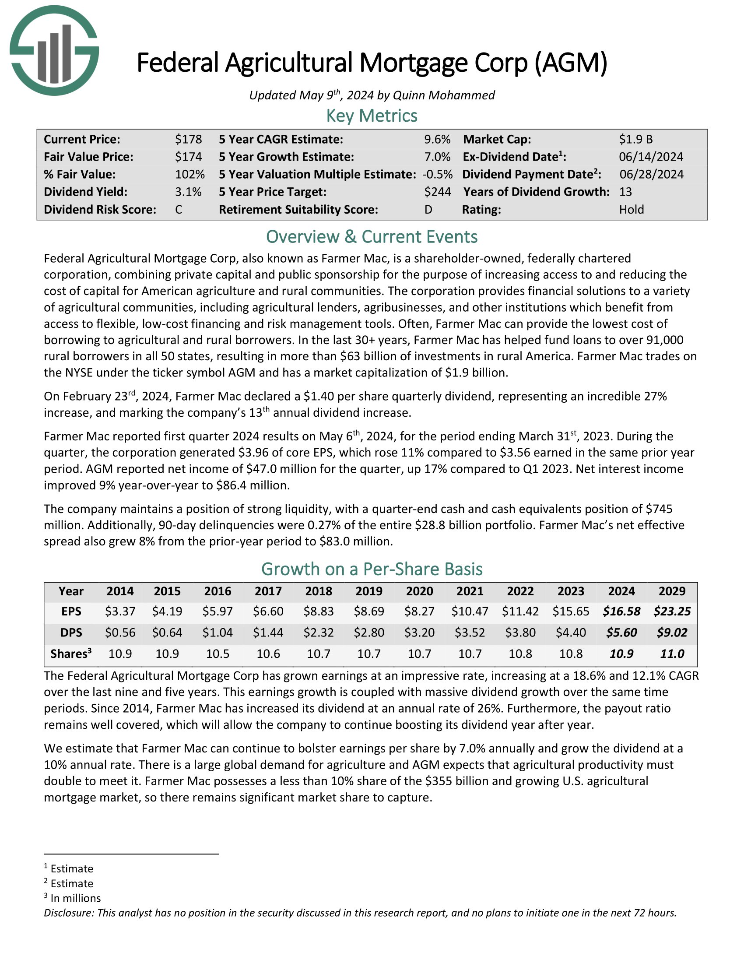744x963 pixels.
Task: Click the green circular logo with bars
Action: click(54, 51)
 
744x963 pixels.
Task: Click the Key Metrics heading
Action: click(372, 116)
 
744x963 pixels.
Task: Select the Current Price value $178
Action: click(188, 139)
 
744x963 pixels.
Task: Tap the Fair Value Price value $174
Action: click(188, 157)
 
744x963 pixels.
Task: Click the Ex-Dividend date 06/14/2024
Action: click(651, 157)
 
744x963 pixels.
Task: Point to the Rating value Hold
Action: click(631, 209)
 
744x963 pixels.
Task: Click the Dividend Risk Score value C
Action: click(179, 209)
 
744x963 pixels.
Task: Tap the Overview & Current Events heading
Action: click(372, 237)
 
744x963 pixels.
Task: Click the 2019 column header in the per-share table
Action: click(369, 591)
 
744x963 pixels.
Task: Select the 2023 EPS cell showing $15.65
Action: click(571, 612)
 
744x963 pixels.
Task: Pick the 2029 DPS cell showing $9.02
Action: click(672, 633)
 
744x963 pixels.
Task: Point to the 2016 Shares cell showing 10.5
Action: click(218, 654)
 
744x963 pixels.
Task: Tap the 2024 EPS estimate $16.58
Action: click(621, 612)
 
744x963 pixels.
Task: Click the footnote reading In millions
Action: click(75, 898)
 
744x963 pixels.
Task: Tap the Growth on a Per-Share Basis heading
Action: click(372, 569)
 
